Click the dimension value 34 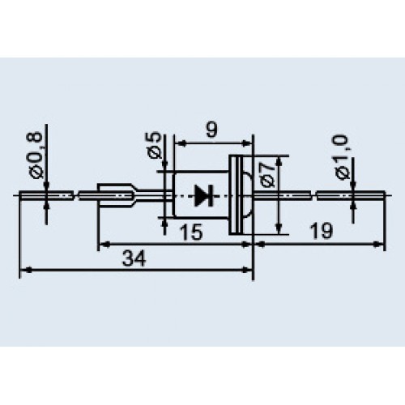pos(134,258)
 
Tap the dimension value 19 pos(322,231)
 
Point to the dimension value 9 pos(211,130)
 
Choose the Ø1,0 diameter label pos(342,157)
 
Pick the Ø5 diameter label pos(155,146)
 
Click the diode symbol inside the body pos(204,196)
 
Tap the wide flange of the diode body pos(236,195)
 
